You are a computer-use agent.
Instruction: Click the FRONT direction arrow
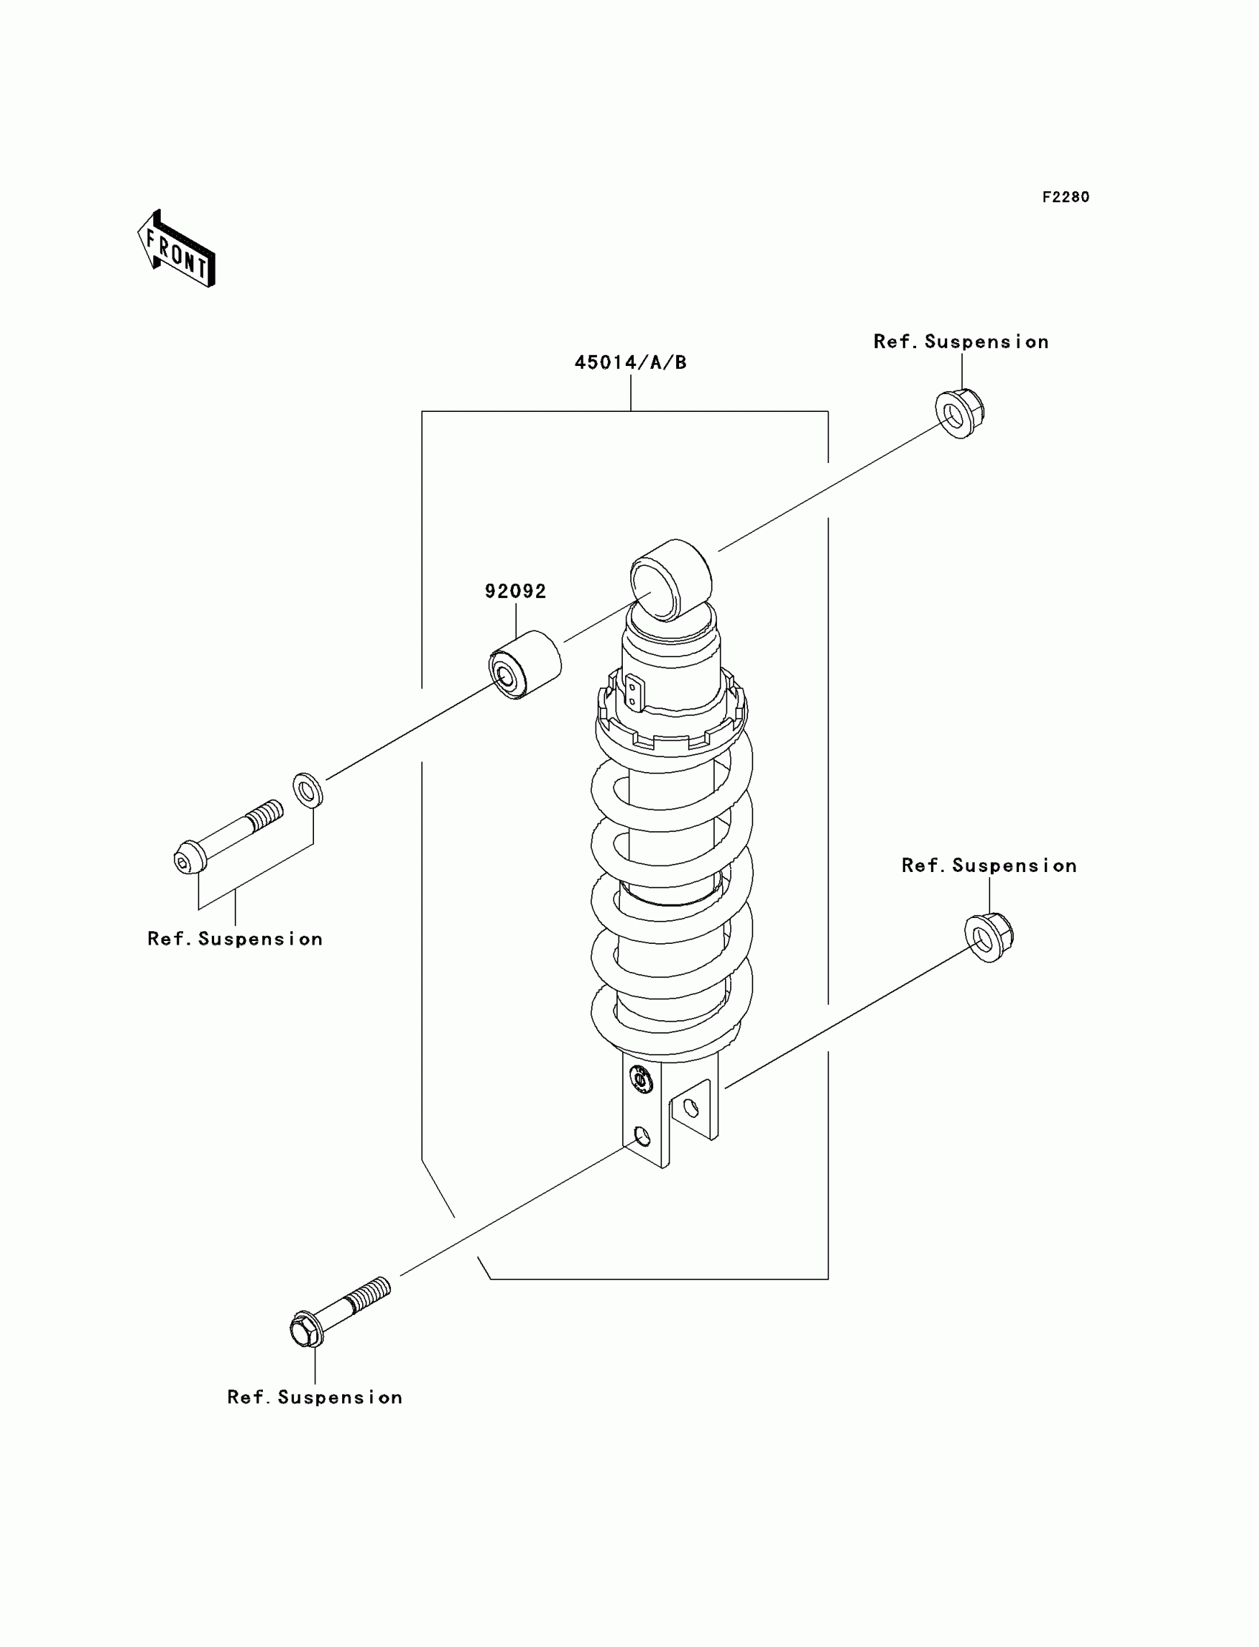177,250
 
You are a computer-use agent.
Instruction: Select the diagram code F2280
1065,197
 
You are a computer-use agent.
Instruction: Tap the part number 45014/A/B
630,363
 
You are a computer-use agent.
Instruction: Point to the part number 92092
515,591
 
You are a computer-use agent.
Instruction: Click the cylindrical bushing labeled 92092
524,665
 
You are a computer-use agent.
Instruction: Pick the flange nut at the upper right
959,413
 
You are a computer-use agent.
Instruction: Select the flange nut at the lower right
989,937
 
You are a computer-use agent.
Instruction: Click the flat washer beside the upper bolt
307,790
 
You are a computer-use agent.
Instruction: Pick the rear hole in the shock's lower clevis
691,1107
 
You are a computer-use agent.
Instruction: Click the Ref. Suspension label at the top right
961,342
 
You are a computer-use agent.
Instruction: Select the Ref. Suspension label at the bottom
315,1397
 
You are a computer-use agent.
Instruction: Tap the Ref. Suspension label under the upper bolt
235,939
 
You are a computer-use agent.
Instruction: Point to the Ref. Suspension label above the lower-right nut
989,866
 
